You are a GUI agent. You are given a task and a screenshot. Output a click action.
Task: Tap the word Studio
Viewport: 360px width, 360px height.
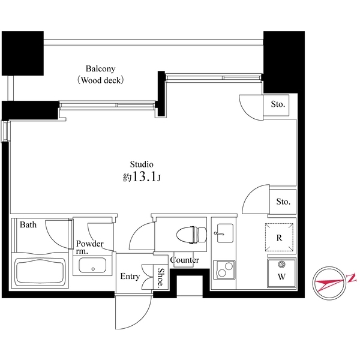142,164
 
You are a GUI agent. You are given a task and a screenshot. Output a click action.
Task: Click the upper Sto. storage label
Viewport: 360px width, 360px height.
277,104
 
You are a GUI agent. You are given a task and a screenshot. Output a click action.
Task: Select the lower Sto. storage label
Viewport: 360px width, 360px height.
283,202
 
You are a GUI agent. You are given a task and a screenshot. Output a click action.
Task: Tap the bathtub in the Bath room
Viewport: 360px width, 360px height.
40,273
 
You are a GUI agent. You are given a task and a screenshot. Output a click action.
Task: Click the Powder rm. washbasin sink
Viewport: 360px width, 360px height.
93,266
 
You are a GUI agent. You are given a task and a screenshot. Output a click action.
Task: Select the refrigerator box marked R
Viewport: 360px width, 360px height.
279,237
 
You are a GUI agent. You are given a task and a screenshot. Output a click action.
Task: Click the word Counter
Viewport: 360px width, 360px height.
185,260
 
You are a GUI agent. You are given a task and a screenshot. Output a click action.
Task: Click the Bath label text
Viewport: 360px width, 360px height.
28,226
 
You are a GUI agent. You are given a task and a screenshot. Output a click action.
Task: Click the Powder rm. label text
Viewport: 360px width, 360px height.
89,247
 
